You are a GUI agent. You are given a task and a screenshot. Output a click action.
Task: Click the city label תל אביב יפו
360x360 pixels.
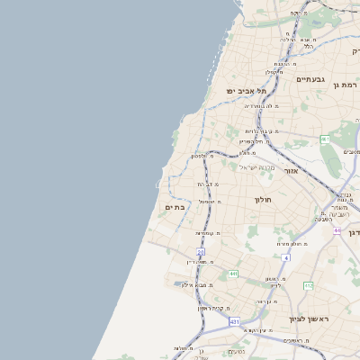[247, 91]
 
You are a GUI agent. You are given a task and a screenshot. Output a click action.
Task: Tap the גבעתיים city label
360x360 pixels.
[310, 79]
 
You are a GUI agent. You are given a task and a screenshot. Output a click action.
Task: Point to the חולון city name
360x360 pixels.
[263, 199]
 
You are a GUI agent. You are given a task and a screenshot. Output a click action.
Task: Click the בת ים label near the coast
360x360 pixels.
[175, 207]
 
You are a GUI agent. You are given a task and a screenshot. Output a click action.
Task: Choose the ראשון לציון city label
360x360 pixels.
[310, 319]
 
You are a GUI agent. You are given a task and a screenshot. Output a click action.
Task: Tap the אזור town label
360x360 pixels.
[291, 170]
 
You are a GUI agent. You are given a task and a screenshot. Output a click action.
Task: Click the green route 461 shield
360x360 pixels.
[325, 139]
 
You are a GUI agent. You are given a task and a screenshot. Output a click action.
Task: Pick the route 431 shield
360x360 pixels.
[235, 321]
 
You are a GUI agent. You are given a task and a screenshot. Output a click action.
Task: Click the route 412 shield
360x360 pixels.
[308, 285]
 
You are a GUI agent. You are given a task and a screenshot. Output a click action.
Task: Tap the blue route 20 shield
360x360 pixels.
[201, 252]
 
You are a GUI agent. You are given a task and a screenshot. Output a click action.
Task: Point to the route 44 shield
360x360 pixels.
[337, 230]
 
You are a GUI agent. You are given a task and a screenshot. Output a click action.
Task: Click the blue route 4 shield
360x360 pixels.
[285, 258]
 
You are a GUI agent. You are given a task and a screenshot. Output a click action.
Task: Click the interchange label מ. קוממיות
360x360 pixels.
[209, 233]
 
